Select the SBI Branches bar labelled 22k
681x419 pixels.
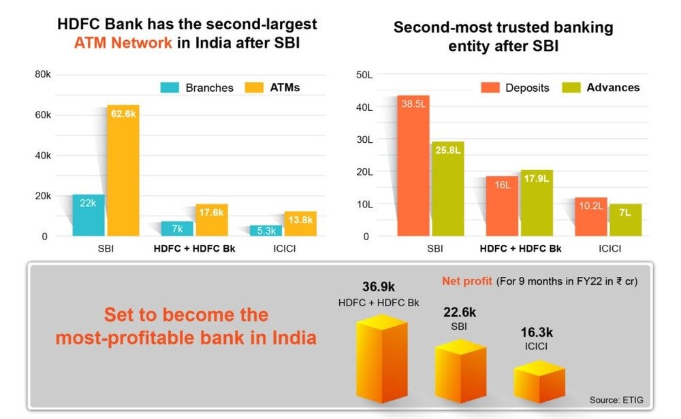[x=89, y=216]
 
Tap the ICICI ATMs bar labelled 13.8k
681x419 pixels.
[x=300, y=224]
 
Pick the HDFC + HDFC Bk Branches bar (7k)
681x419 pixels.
[x=177, y=229]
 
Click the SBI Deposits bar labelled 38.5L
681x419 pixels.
[x=413, y=166]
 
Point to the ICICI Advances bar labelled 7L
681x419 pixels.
[x=624, y=220]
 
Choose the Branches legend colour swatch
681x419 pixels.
[x=170, y=88]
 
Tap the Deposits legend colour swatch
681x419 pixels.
[x=490, y=88]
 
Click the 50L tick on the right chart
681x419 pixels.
[x=362, y=75]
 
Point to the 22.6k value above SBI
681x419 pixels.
[x=460, y=312]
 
